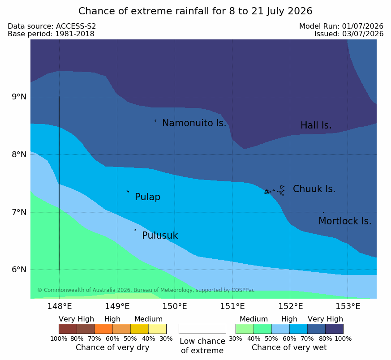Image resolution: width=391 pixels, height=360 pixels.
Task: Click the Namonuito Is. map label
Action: click(x=194, y=123)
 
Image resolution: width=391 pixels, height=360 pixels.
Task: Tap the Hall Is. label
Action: click(x=316, y=125)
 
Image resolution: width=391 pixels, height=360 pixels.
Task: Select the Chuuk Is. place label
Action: click(x=314, y=189)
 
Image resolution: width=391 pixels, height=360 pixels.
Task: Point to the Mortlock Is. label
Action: click(x=345, y=221)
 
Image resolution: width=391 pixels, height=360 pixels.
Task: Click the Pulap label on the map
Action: click(x=148, y=197)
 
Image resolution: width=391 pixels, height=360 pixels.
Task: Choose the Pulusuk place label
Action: click(x=160, y=236)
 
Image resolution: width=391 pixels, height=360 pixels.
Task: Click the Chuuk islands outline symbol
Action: click(x=275, y=191)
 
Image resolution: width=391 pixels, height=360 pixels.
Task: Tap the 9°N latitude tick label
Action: click(x=19, y=97)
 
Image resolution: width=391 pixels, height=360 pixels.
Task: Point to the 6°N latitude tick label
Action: click(x=19, y=270)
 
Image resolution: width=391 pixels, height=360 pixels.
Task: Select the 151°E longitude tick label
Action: click(x=232, y=306)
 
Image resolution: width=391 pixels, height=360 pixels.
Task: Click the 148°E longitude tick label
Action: click(x=60, y=306)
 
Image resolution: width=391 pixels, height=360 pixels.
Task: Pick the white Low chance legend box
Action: click(x=202, y=329)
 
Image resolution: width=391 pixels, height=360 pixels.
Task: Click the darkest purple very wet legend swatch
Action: click(x=334, y=329)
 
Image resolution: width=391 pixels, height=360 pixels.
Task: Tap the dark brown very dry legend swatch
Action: click(x=68, y=329)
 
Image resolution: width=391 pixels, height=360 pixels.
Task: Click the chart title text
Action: click(x=195, y=11)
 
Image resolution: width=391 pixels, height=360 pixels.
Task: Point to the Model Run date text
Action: click(x=341, y=26)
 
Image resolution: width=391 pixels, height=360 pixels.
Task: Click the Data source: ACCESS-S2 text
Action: click(x=52, y=26)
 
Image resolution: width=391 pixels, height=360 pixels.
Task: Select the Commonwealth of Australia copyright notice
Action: click(x=146, y=290)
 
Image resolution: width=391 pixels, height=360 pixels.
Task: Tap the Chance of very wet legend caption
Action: click(x=289, y=347)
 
